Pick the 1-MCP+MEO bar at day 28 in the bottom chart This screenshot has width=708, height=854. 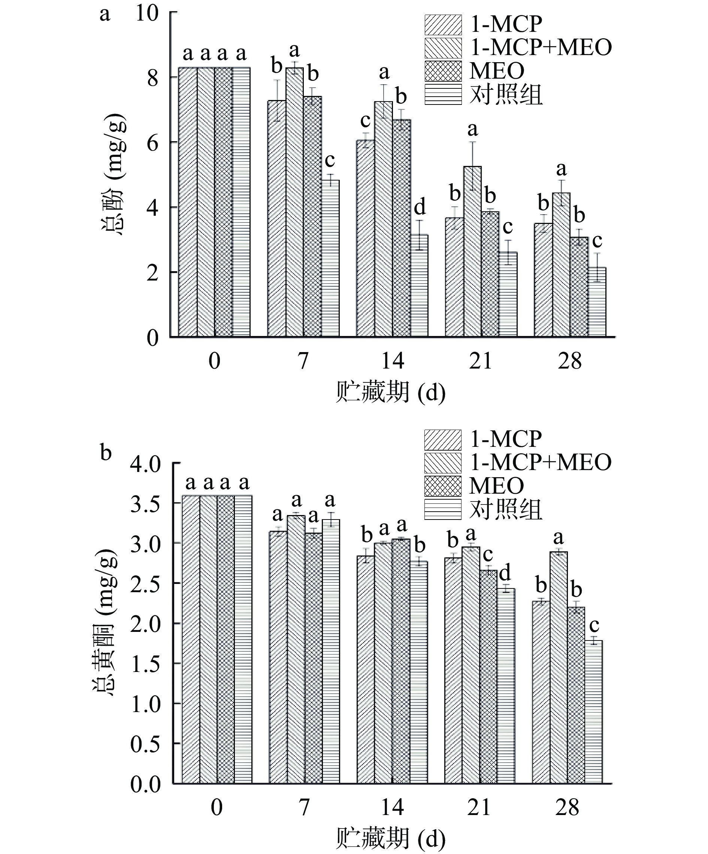pyautogui.click(x=559, y=667)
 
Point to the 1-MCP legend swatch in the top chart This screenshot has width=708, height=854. pyautogui.click(x=443, y=25)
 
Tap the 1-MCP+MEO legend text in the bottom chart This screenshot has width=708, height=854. pyautogui.click(x=541, y=462)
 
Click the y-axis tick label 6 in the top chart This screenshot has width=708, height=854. pyautogui.click(x=152, y=142)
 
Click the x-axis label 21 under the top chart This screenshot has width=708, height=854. pyautogui.click(x=480, y=361)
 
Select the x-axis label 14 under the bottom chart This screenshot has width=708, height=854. pyautogui.click(x=392, y=807)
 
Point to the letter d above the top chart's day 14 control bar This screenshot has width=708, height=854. pyautogui.click(x=419, y=207)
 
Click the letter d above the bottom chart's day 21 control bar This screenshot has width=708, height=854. pyautogui.click(x=505, y=573)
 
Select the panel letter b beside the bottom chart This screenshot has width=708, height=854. pyautogui.click(x=106, y=452)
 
